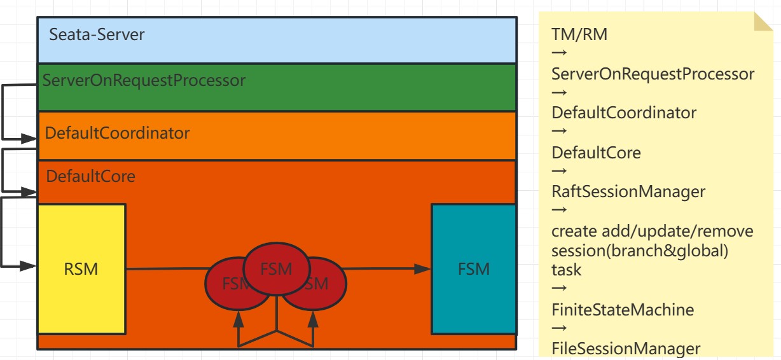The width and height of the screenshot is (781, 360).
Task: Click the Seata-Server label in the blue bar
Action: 97,34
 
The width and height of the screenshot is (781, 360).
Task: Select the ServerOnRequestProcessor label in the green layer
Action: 144,81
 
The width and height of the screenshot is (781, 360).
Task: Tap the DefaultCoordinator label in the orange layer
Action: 117,134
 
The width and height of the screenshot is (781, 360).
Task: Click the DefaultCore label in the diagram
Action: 90,176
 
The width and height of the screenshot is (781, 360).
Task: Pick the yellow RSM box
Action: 81,269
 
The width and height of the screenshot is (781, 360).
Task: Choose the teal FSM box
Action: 474,269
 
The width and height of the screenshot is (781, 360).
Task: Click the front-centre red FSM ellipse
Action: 276,269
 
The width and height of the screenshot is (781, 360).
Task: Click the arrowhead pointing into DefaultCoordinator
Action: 30,137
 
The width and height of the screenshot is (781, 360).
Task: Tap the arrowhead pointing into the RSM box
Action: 30,266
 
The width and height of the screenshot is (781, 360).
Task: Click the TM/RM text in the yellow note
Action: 579,34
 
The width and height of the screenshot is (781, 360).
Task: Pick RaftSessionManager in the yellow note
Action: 628,191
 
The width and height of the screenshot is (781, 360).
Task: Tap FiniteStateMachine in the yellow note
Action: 623,310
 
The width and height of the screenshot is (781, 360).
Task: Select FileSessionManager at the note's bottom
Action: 626,349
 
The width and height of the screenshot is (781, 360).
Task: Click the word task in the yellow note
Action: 566,270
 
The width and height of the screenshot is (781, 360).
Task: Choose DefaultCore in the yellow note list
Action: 596,153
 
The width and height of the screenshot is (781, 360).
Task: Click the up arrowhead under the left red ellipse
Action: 239,316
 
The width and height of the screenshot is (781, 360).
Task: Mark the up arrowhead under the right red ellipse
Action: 312,316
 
